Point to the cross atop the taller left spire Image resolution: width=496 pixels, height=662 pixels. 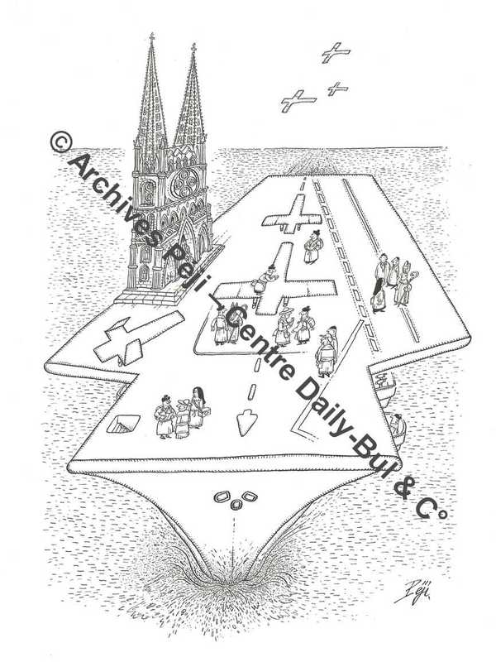tap(151, 36)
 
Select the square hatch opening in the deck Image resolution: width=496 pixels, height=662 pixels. tap(123, 424)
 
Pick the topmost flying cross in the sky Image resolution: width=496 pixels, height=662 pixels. tap(336, 52)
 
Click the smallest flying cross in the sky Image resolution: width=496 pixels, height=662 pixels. tap(338, 89)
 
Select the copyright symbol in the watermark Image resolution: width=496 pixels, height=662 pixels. tap(61, 142)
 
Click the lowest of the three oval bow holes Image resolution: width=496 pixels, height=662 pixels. tap(236, 504)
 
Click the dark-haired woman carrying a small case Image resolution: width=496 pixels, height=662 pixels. tap(197, 408)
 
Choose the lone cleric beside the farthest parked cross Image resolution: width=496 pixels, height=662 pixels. tap(312, 246)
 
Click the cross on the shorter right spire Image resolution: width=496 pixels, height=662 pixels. tap(193, 47)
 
